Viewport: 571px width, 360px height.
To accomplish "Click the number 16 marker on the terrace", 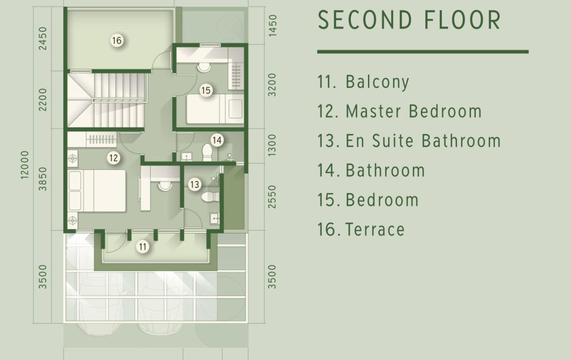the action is (117, 40).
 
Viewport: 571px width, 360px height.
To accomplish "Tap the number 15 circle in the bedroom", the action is (206, 90).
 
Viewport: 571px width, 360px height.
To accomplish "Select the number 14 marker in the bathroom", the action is (217, 140).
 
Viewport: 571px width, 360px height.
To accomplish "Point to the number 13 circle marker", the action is (194, 184).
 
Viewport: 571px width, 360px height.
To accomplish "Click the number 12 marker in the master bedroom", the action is (114, 158).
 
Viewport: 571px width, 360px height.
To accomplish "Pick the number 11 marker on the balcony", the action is (143, 247).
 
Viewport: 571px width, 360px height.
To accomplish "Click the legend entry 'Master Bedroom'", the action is (414, 111).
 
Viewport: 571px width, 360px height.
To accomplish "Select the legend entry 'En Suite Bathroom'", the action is (423, 141).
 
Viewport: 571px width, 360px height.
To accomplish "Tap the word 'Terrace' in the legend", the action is (375, 229).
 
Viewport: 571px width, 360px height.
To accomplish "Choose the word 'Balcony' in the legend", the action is (377, 82).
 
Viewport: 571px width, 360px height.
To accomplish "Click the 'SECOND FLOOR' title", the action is (409, 20).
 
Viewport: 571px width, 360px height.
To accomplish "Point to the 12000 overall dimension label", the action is (24, 164).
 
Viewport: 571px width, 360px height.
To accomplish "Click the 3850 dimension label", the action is (43, 179).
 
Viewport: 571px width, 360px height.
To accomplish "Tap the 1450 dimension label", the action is (272, 25).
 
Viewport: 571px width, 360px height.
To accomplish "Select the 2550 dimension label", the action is (272, 197).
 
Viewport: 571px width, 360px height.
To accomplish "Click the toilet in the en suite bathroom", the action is (210, 197).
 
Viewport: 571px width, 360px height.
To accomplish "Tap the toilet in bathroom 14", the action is (207, 153).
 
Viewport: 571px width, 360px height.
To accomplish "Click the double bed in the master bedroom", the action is (97, 191).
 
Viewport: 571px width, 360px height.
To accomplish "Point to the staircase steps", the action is (120, 100).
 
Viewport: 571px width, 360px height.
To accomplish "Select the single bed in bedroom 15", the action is (214, 109).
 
